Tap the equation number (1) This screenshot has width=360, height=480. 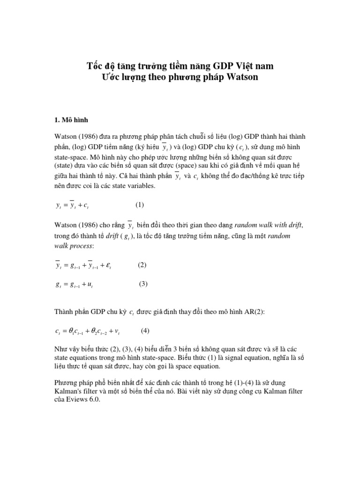(140, 205)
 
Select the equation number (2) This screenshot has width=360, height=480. (142, 265)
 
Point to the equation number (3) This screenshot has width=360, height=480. (143, 284)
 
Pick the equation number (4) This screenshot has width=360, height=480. (145, 330)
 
